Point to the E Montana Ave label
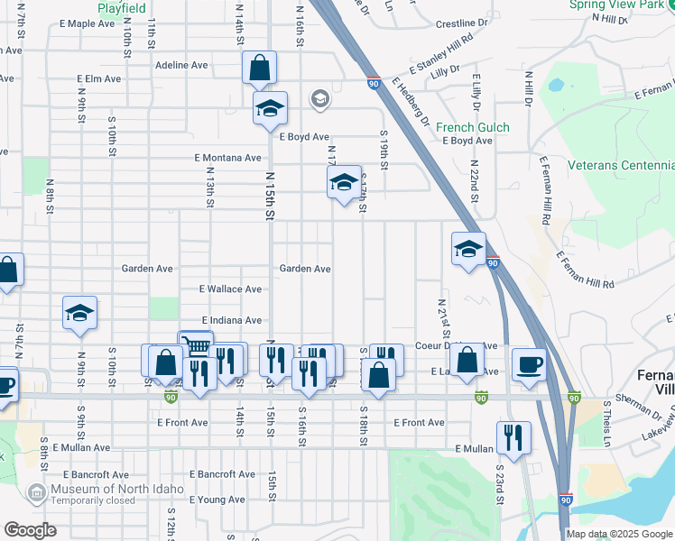pos(228,157)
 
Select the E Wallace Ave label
pos(230,289)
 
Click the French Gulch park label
pos(472,128)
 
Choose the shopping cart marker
pos(196,345)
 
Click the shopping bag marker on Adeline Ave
pos(259,68)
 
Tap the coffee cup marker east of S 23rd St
pos(528,364)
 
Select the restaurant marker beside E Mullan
pos(513,437)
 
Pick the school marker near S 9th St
pos(79,313)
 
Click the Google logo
pos(31,530)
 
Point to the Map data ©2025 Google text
pos(618,534)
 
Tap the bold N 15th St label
pos(269,197)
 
